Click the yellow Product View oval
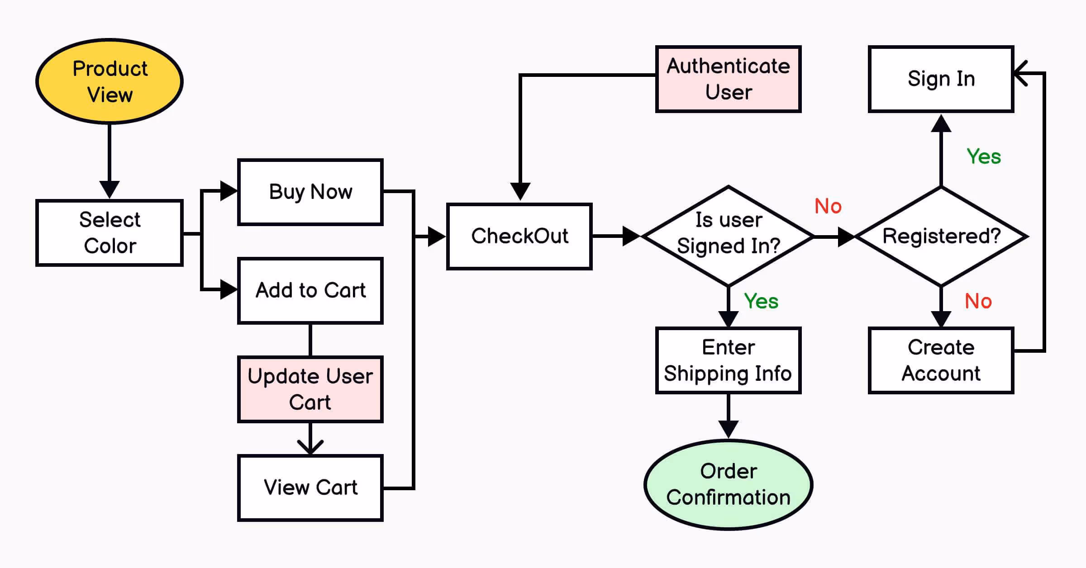(x=110, y=81)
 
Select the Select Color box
(x=110, y=233)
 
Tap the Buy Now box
(x=310, y=192)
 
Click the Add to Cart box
(x=310, y=290)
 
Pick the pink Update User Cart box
(x=310, y=389)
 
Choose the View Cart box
(x=310, y=488)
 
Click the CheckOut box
(x=519, y=236)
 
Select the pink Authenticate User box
(x=728, y=79)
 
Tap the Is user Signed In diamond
(x=728, y=235)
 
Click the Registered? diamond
(x=941, y=236)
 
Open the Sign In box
(x=941, y=79)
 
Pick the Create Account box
(x=941, y=360)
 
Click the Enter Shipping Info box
(x=728, y=360)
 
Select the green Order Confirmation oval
(x=728, y=484)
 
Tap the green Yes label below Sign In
(x=984, y=157)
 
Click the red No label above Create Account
(x=978, y=301)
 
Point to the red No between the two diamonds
(x=828, y=206)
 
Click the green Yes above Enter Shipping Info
(x=761, y=301)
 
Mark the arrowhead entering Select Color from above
(x=110, y=189)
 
